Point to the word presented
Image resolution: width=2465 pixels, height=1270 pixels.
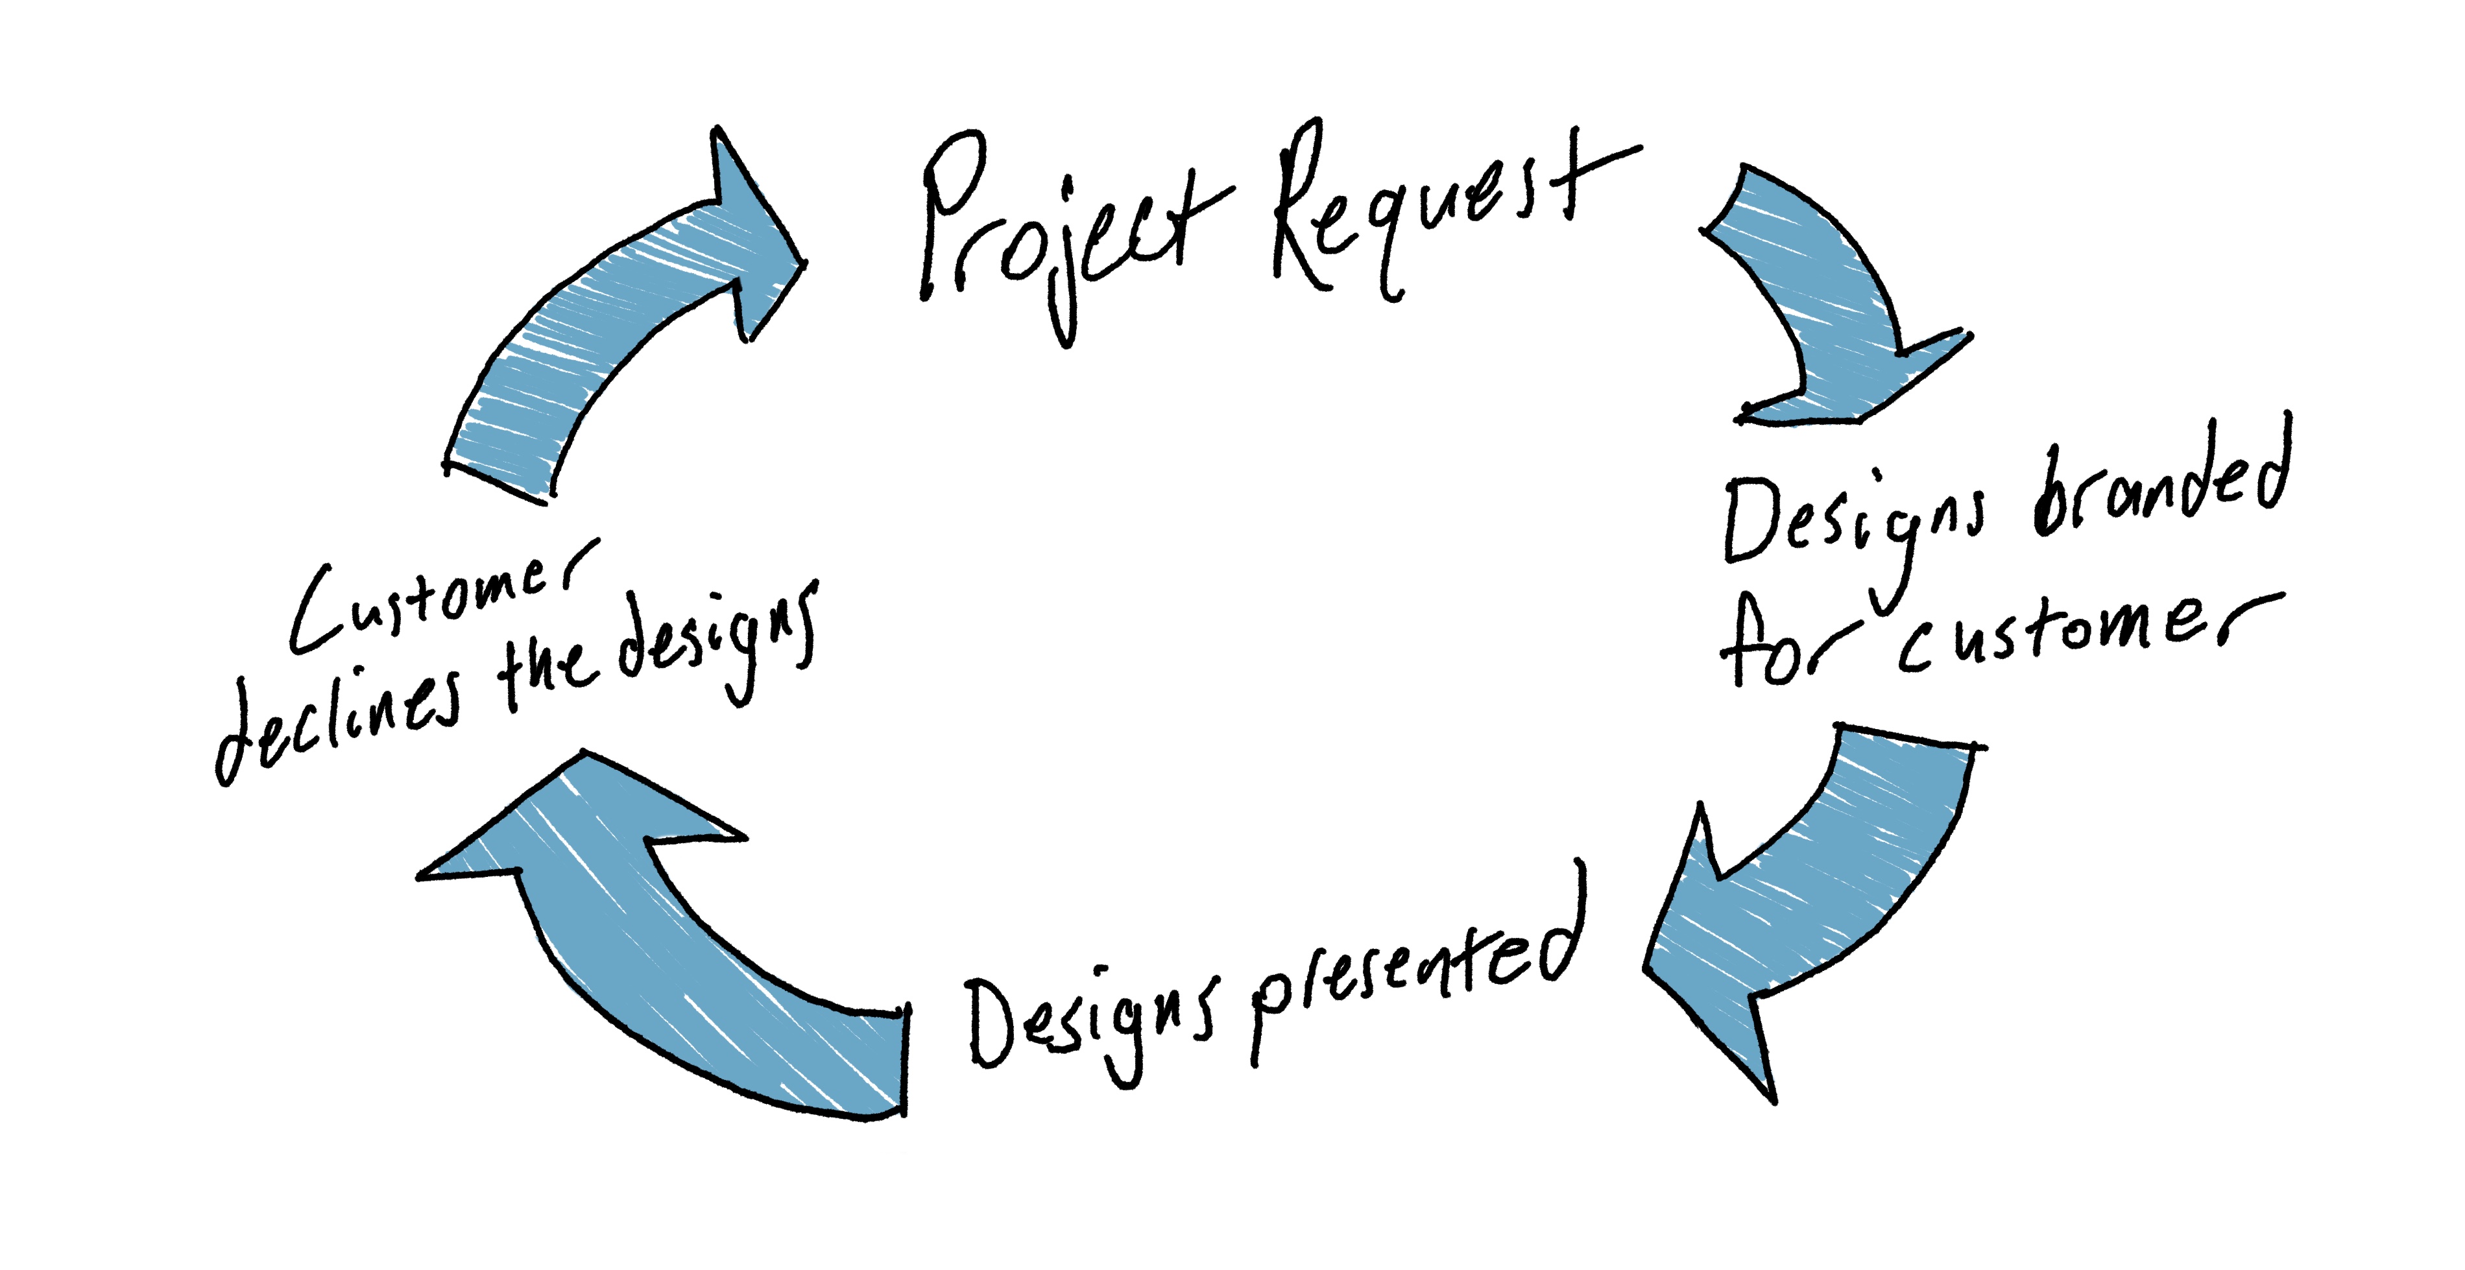[x=1416, y=976]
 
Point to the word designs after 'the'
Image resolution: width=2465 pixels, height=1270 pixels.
[x=717, y=641]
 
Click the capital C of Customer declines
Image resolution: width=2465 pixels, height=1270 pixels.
[x=316, y=612]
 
